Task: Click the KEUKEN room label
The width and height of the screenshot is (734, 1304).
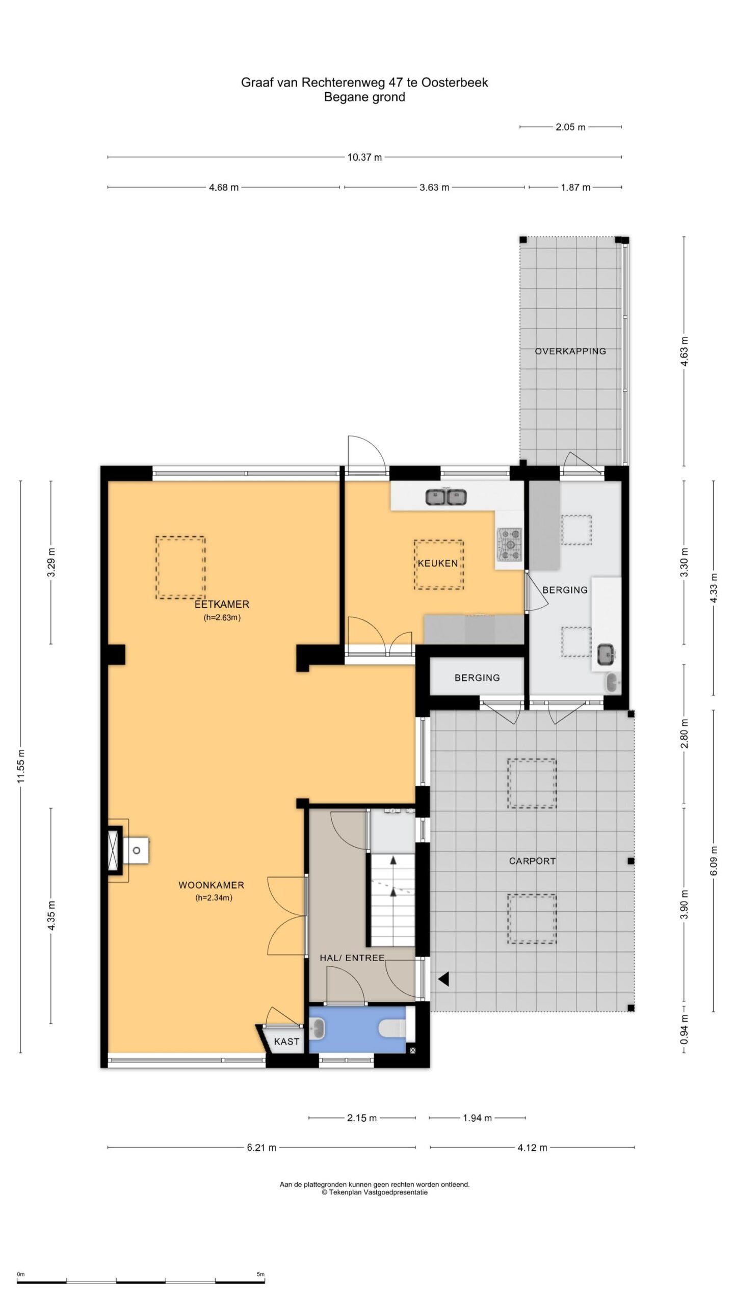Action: [438, 563]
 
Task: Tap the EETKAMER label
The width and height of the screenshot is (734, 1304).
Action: [222, 605]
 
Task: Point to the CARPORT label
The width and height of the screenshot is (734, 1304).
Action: [532, 861]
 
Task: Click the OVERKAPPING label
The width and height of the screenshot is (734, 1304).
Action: [570, 351]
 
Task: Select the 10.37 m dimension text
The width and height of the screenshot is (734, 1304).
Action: [364, 157]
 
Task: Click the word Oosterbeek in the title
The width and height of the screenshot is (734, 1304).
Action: [456, 83]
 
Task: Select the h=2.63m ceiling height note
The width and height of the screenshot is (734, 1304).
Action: [222, 618]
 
